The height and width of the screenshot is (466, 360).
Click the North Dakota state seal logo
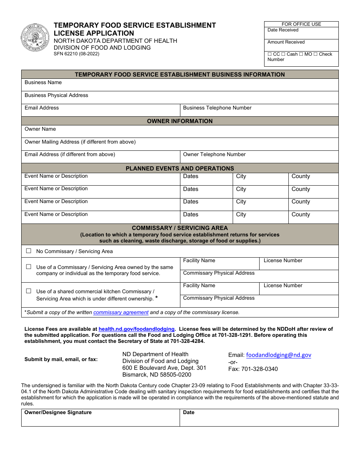tap(35, 38)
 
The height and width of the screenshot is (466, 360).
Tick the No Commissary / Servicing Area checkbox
tap(28, 251)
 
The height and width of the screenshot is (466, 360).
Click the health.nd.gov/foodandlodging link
tap(136, 329)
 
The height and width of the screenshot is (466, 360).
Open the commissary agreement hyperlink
tap(121, 313)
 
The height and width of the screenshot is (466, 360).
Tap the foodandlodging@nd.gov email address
tap(279, 355)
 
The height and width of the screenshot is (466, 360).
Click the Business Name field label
tap(43, 83)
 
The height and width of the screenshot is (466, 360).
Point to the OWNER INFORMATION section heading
tap(180, 121)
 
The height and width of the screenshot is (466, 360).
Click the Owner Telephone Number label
tap(214, 155)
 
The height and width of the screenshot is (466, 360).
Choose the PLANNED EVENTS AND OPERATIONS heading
tap(180, 169)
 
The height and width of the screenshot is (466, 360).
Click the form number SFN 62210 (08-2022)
tap(76, 54)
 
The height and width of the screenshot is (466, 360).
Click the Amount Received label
tap(286, 42)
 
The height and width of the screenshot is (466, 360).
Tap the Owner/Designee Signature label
tap(58, 413)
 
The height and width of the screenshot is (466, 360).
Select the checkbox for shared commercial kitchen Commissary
tap(28, 291)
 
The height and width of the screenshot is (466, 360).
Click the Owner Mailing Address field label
tap(80, 142)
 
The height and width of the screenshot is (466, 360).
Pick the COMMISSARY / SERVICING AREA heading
tap(180, 228)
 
